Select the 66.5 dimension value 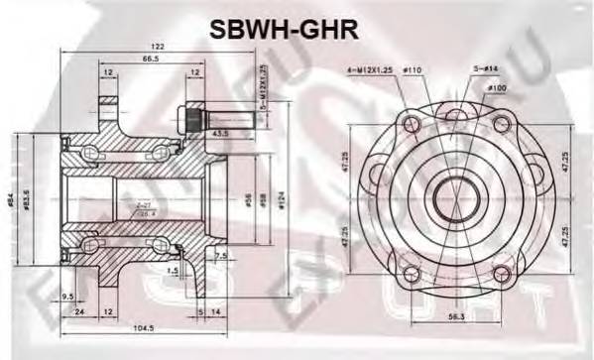click(152, 60)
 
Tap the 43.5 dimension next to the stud click(220, 133)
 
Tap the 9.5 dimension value click(66, 295)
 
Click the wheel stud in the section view click(198, 121)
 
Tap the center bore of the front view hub click(453, 189)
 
